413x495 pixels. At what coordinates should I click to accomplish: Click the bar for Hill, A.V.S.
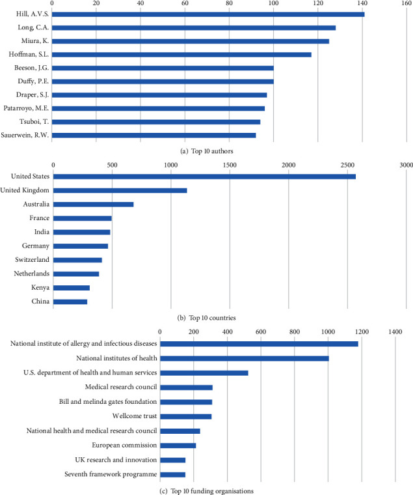pos(208,14)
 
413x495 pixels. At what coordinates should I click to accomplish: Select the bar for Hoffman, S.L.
pos(181,54)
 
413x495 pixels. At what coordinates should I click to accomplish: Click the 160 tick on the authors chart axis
pos(406,3)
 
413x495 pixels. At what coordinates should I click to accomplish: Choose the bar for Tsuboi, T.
pos(156,122)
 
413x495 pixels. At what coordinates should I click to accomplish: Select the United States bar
pos(204,177)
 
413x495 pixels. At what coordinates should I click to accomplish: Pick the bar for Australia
pos(93,205)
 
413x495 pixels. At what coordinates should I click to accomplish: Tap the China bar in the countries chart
pos(70,302)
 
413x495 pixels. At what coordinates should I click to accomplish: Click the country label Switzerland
pos(30,260)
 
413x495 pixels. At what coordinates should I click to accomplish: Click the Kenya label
pos(38,287)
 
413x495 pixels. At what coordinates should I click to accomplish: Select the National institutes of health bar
pos(245,358)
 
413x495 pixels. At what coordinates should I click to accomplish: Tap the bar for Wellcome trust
pos(186,416)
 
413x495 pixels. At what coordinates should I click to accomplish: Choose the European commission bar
pos(178,445)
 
